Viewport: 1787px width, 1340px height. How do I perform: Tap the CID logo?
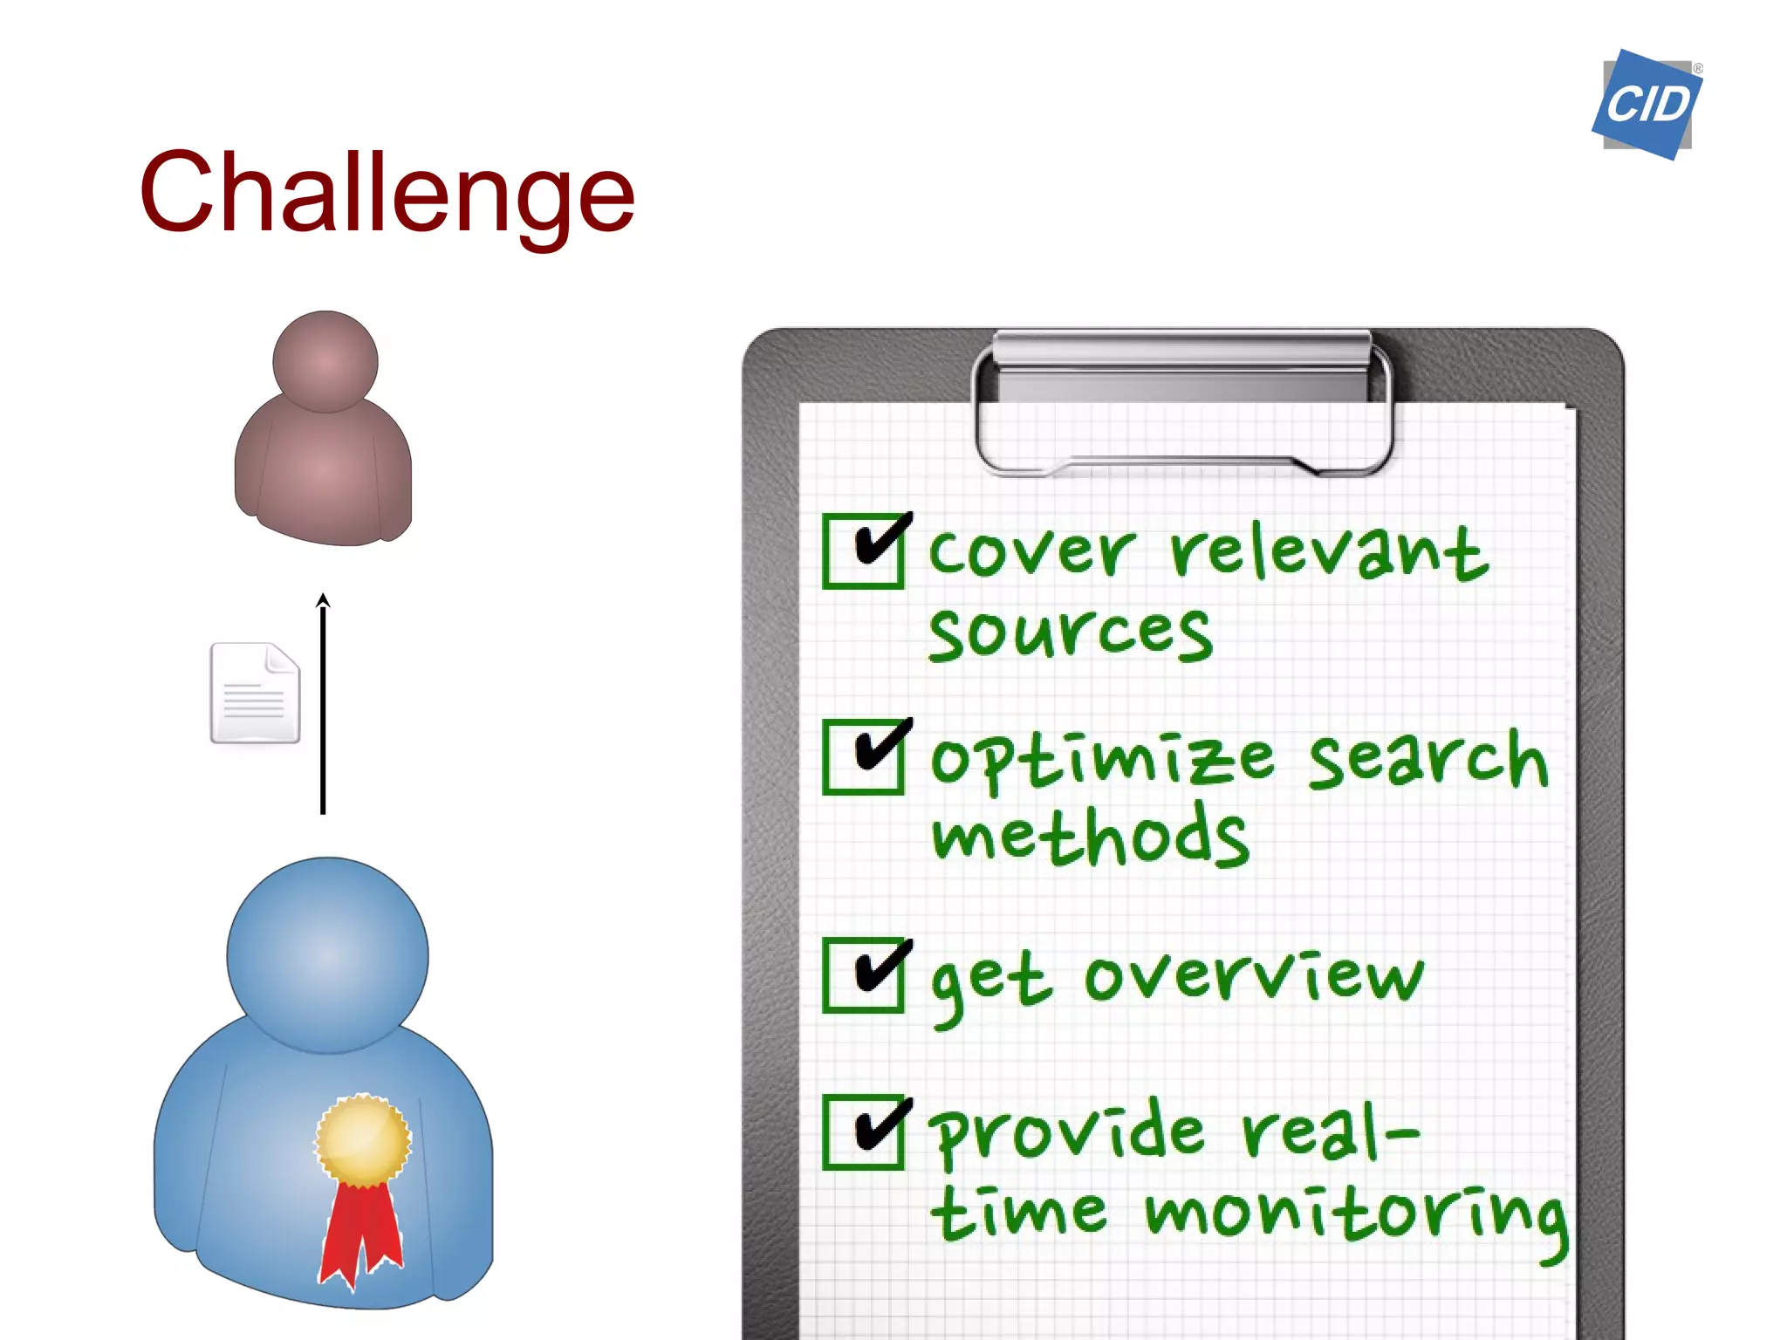[x=1647, y=105]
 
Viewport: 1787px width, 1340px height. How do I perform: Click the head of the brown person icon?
[x=325, y=361]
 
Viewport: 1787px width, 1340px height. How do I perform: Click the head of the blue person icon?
[x=327, y=954]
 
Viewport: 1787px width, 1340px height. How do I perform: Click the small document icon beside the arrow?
[x=255, y=694]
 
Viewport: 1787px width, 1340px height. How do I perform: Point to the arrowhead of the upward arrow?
[x=323, y=600]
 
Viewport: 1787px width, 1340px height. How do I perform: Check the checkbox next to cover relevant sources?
[x=863, y=551]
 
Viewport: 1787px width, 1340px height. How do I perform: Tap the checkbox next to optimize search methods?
[x=863, y=756]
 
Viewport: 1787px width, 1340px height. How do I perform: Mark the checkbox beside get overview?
[x=863, y=974]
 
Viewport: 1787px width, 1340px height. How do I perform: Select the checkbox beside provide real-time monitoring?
[x=863, y=1131]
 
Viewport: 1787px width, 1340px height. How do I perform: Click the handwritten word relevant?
[x=1328, y=551]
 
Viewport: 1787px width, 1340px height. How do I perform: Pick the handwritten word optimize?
[x=1101, y=759]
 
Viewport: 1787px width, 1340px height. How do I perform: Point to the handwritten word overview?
[x=1253, y=975]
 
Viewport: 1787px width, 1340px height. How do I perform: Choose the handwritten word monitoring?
[x=1354, y=1214]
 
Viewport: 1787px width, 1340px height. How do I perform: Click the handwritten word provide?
[x=1066, y=1134]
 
